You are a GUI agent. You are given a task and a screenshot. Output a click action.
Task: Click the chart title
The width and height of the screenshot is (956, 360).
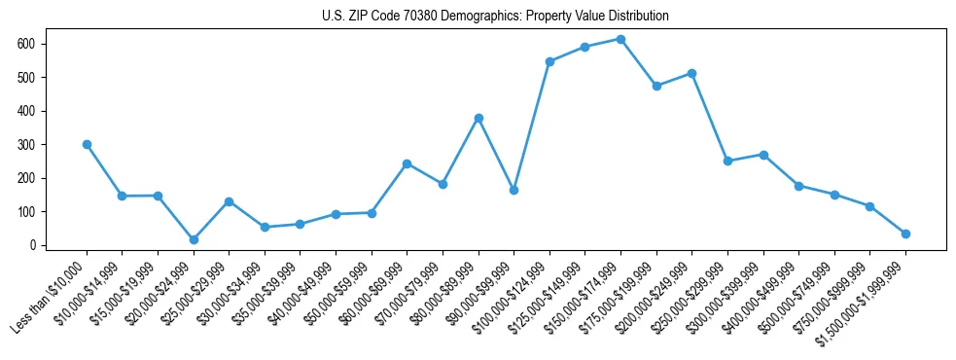click(x=495, y=17)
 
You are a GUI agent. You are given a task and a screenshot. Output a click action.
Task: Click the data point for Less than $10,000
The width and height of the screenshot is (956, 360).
click(x=87, y=144)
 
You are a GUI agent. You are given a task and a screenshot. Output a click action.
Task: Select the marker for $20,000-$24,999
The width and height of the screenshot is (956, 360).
click(x=194, y=239)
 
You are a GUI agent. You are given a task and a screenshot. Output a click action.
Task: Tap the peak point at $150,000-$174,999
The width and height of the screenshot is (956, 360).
click(x=620, y=39)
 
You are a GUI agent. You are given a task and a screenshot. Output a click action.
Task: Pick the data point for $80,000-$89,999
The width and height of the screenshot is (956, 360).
click(x=478, y=118)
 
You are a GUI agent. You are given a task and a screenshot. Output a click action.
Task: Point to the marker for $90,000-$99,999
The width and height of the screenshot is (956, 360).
click(x=513, y=190)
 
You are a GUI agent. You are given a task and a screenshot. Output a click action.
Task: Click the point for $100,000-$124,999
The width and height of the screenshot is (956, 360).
click(x=549, y=61)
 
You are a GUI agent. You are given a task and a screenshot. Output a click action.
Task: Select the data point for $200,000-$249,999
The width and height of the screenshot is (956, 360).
click(x=691, y=73)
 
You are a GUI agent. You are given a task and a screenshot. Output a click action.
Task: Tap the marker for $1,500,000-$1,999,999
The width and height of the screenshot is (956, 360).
click(x=905, y=234)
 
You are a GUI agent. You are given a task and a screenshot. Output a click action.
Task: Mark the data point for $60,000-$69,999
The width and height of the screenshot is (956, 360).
click(x=407, y=163)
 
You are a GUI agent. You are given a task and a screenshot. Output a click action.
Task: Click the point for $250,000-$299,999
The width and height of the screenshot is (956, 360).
click(x=727, y=161)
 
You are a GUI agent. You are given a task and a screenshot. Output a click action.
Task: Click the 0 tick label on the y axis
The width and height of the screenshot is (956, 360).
click(x=32, y=245)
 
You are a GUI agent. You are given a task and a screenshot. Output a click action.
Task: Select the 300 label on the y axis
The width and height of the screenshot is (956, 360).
click(x=26, y=144)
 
